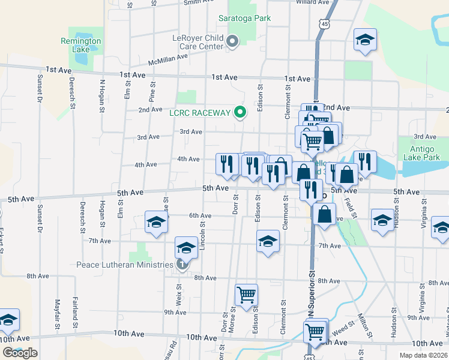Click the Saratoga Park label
[244, 18]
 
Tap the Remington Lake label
[81, 46]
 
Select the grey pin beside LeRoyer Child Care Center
[234, 41]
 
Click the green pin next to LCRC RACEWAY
[240, 112]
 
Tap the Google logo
[20, 353]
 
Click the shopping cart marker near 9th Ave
[246, 295]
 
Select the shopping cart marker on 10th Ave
[315, 331]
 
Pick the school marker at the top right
[364, 40]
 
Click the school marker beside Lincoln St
[186, 247]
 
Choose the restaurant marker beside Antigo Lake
[364, 161]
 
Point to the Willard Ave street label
[313, 2]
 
